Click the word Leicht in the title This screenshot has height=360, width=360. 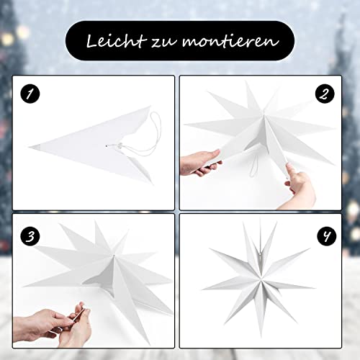pos(117,41)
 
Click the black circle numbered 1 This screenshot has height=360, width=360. pos(30,94)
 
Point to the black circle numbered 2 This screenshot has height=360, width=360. pos(325,94)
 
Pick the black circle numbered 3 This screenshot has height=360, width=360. pos(30,236)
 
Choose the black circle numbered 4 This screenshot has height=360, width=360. pos(327,235)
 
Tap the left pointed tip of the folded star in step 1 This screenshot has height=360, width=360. pos(29,147)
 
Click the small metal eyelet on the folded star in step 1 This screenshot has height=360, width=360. pos(107,145)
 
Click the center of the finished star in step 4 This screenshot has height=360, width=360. pos(261,279)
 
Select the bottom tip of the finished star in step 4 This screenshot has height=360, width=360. pos(261,330)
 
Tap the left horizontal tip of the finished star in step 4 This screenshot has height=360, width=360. pos(202,289)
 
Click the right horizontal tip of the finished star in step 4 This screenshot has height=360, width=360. pos(315,287)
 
